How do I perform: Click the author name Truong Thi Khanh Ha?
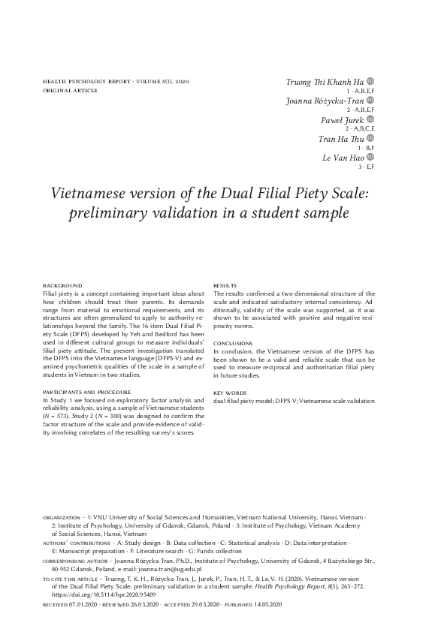[325, 81]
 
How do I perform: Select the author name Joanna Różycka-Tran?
[325, 101]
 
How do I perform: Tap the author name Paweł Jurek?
[343, 120]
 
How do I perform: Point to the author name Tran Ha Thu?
[342, 139]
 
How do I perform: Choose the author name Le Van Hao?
[344, 158]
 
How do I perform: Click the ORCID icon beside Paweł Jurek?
[370, 119]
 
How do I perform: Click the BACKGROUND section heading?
[62, 286]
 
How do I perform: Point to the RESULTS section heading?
[225, 286]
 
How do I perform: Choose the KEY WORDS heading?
[228, 393]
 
